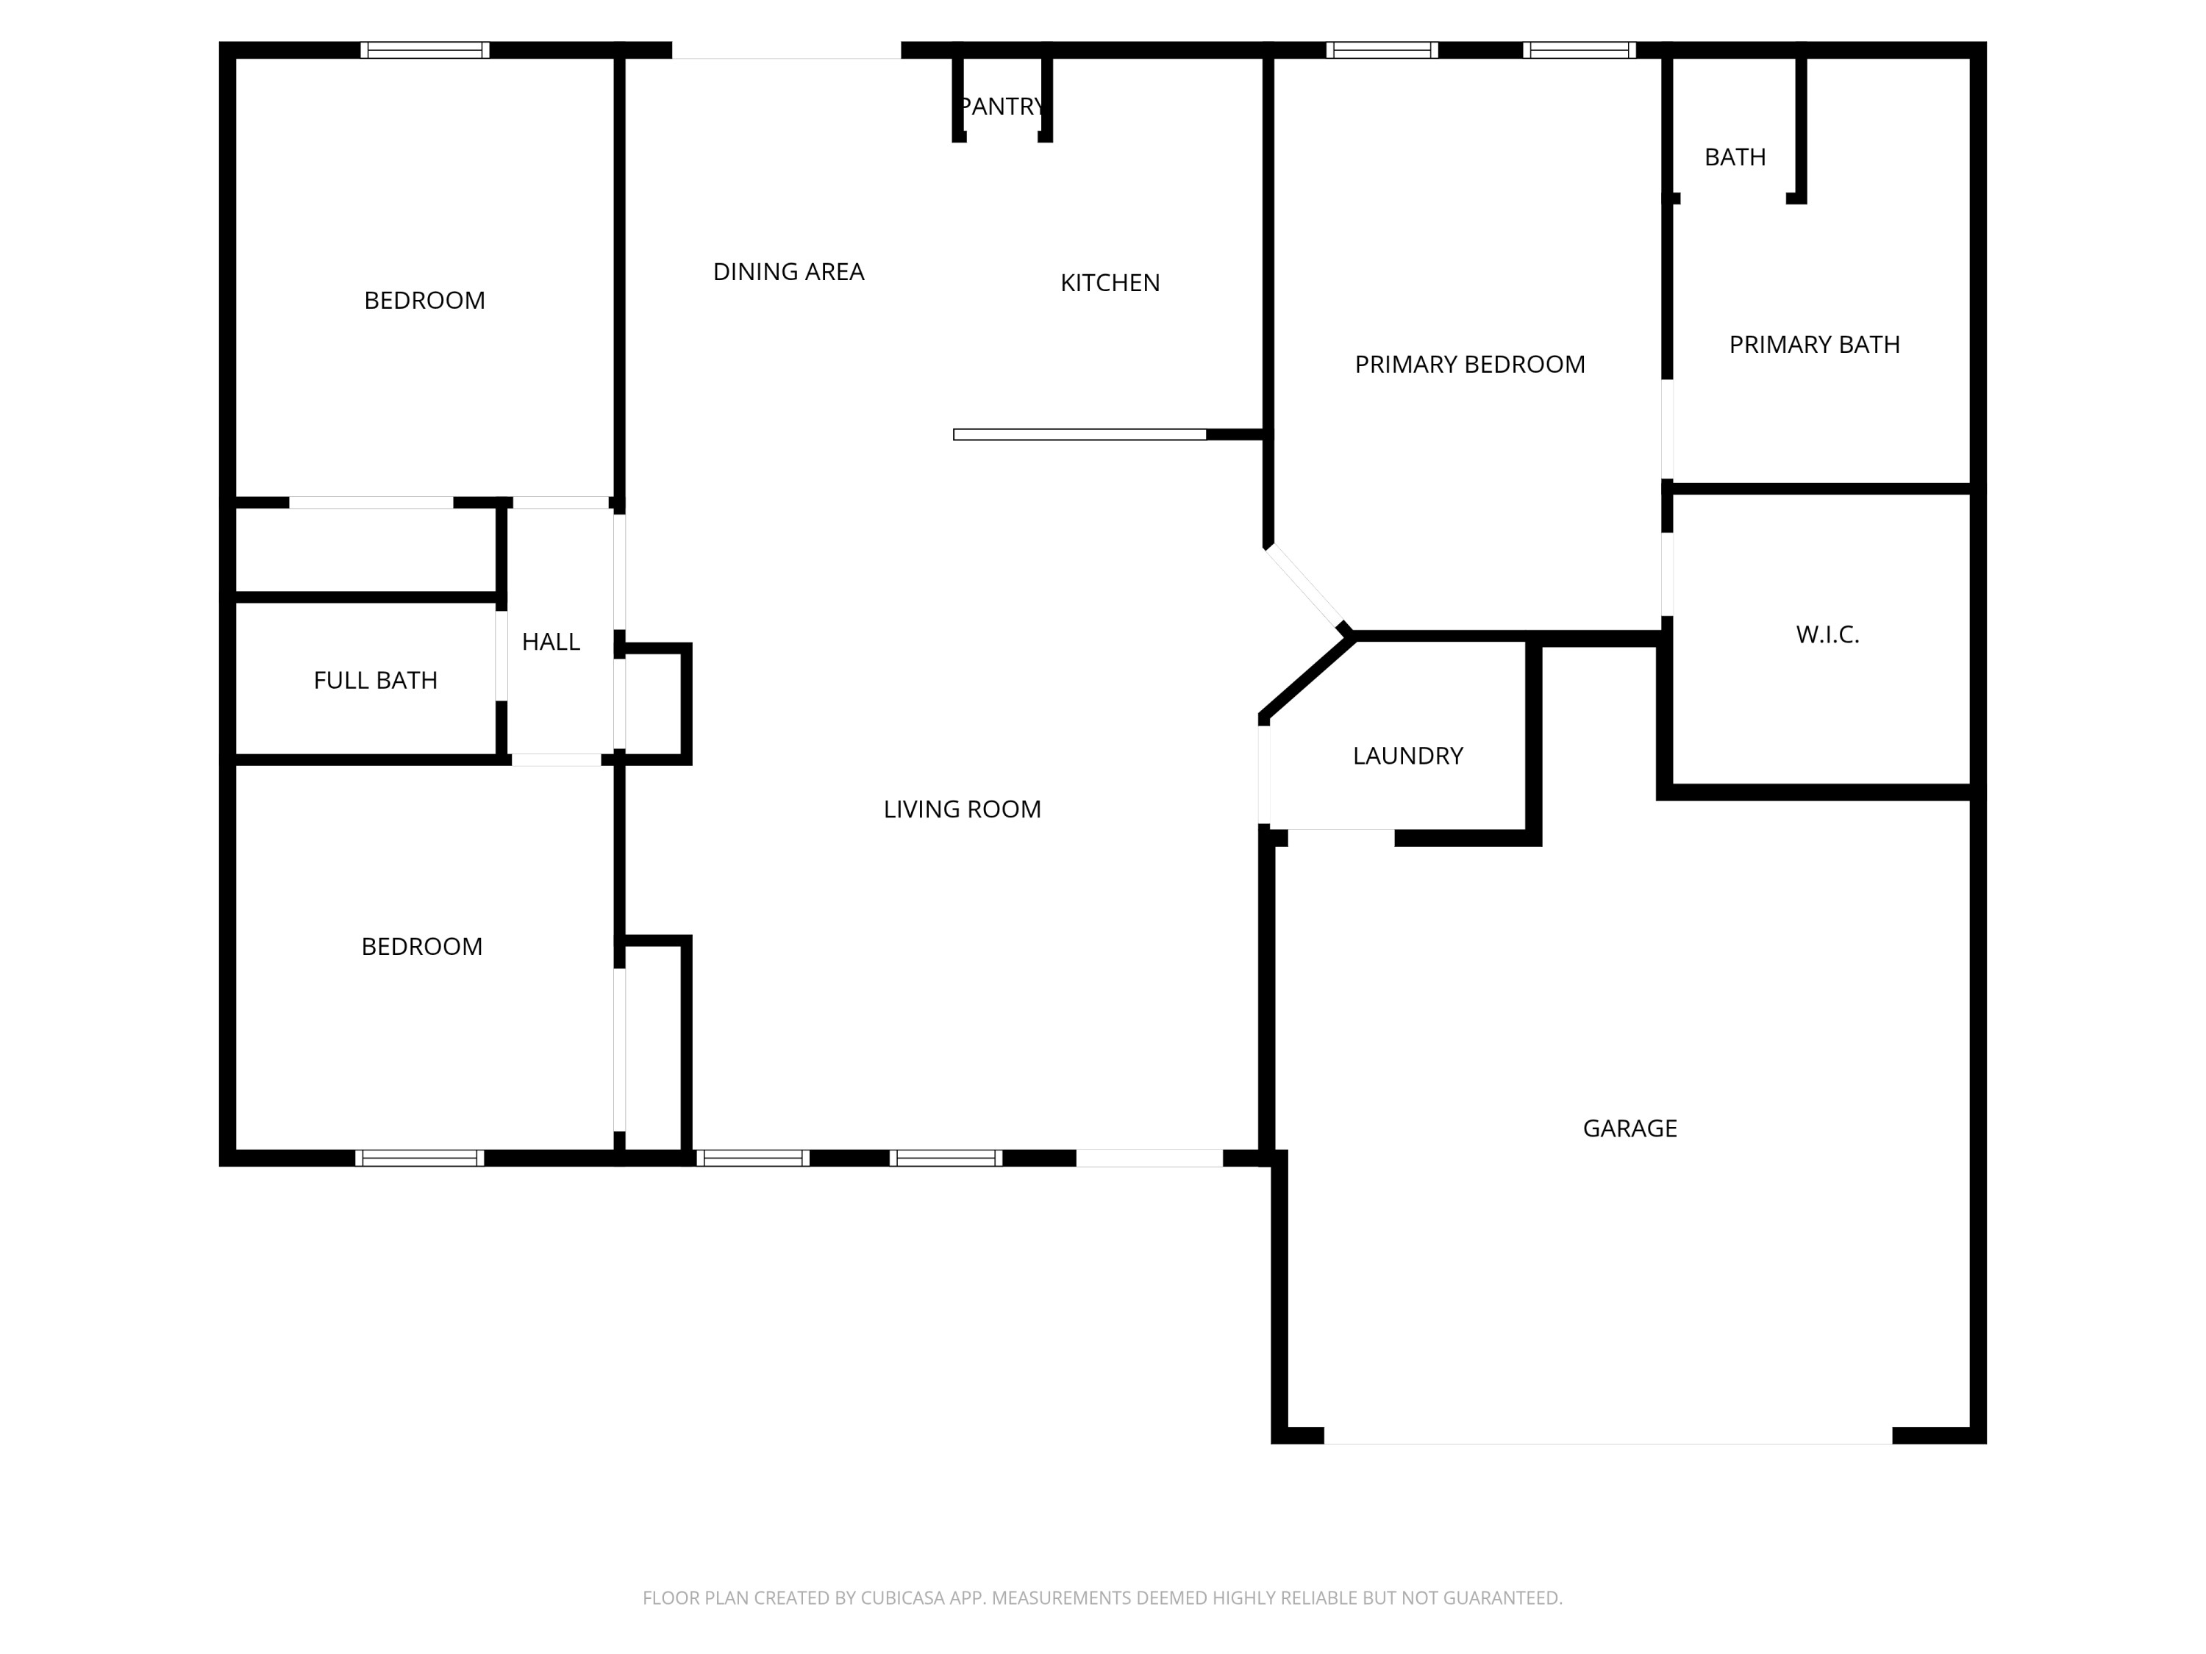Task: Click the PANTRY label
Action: pyautogui.click(x=1002, y=107)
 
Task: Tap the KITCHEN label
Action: pyautogui.click(x=1110, y=283)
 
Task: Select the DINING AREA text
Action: pyautogui.click(x=788, y=272)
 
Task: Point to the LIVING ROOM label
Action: pyautogui.click(x=961, y=809)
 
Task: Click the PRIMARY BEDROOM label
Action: pyautogui.click(x=1469, y=365)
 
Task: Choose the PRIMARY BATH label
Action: pyautogui.click(x=1814, y=345)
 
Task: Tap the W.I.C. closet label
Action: pyautogui.click(x=1827, y=635)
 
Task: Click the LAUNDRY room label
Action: pyautogui.click(x=1407, y=756)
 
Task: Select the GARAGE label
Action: pyautogui.click(x=1629, y=1128)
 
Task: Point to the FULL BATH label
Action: pyautogui.click(x=375, y=681)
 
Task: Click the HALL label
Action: pyautogui.click(x=551, y=642)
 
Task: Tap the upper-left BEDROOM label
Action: pyautogui.click(x=424, y=301)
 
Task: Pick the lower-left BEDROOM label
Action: pyautogui.click(x=421, y=947)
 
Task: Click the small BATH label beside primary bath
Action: pyautogui.click(x=1734, y=157)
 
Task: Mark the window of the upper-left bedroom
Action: pyautogui.click(x=425, y=50)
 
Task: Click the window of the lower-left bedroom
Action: pyautogui.click(x=419, y=1158)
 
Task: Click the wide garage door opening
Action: pyautogui.click(x=1607, y=1436)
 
